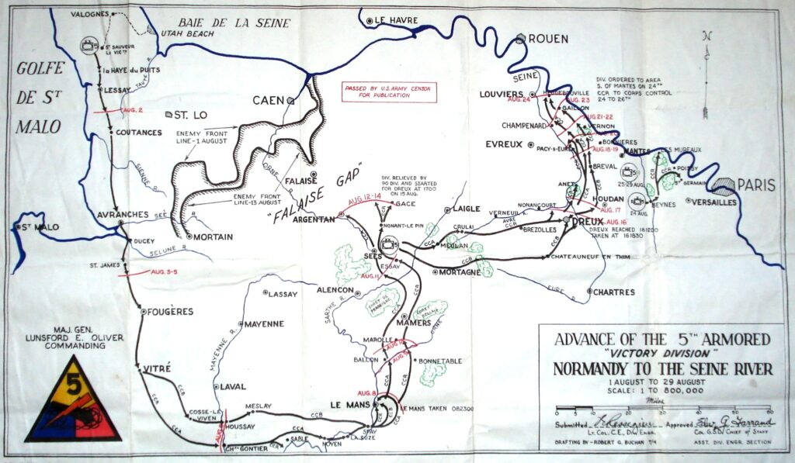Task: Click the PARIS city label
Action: [x=755, y=185]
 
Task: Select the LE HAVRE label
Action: [x=397, y=20]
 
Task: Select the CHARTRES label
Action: [x=613, y=292]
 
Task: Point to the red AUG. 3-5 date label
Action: [x=163, y=271]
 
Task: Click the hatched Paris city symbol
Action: [x=724, y=186]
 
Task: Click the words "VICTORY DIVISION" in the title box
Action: [x=662, y=354]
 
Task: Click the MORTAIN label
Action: [x=214, y=237]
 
